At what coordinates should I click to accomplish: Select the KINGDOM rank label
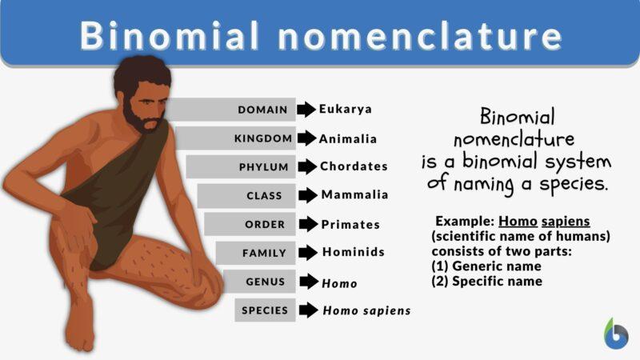(263, 138)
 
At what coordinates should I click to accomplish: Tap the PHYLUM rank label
(264, 166)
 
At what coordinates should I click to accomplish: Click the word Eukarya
(346, 110)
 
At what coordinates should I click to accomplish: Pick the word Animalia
(348, 138)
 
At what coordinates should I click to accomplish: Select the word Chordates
(354, 166)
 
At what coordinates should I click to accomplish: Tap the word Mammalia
(354, 194)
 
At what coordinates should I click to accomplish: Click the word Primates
(351, 224)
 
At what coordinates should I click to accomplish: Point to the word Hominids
(354, 252)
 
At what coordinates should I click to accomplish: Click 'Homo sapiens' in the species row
(366, 310)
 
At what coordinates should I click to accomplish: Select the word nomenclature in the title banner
(415, 36)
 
